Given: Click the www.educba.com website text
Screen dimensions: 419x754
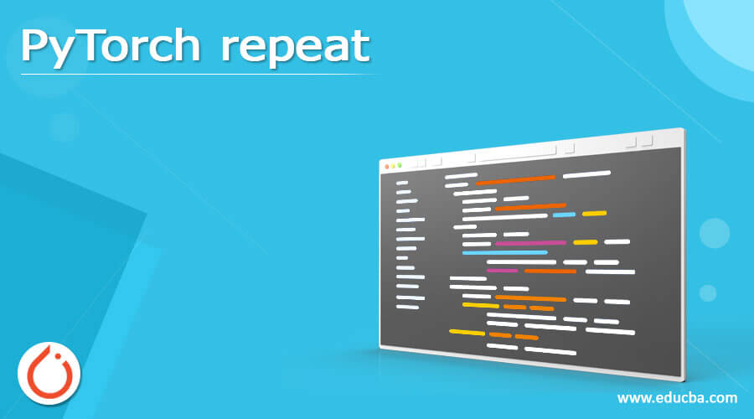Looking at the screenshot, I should pyautogui.click(x=677, y=397).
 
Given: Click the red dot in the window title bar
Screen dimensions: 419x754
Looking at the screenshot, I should pyautogui.click(x=386, y=166).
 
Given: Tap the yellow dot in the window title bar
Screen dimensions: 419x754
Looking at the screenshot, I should pyautogui.click(x=393, y=166).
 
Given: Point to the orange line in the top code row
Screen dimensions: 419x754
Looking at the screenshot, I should pyautogui.click(x=515, y=178).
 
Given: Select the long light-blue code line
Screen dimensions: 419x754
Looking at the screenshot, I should pyautogui.click(x=504, y=251).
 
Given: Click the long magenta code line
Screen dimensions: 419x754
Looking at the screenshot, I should pyautogui.click(x=530, y=243).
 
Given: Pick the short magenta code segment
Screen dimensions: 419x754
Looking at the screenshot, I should pyautogui.click(x=502, y=271).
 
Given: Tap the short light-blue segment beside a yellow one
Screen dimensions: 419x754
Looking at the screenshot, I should pyautogui.click(x=564, y=215).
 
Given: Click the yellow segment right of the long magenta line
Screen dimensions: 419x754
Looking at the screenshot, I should pyautogui.click(x=586, y=242).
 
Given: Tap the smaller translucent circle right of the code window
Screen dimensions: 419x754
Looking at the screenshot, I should pyautogui.click(x=708, y=292).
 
